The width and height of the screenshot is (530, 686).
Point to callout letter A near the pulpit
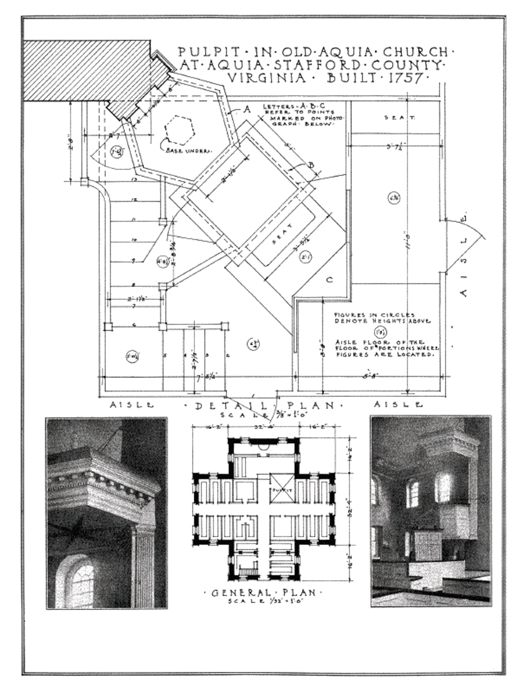tap(248, 110)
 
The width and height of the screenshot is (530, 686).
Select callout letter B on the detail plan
tap(310, 165)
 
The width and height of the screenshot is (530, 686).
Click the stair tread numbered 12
tap(134, 200)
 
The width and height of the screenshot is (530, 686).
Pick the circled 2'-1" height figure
tap(305, 256)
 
